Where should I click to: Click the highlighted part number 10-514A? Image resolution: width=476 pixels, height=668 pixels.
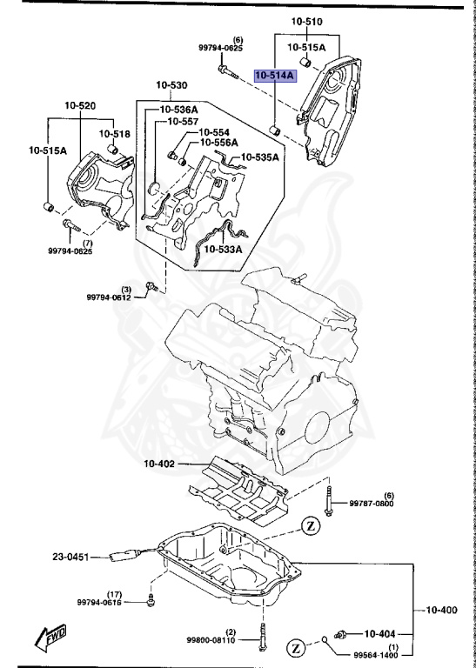pos(275,77)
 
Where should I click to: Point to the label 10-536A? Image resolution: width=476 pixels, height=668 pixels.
pos(178,110)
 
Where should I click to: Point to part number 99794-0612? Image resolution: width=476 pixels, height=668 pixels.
pos(108,297)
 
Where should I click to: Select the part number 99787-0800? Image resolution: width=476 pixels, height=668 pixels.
pos(372,503)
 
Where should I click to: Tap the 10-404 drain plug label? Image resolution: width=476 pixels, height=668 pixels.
pos(380,633)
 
